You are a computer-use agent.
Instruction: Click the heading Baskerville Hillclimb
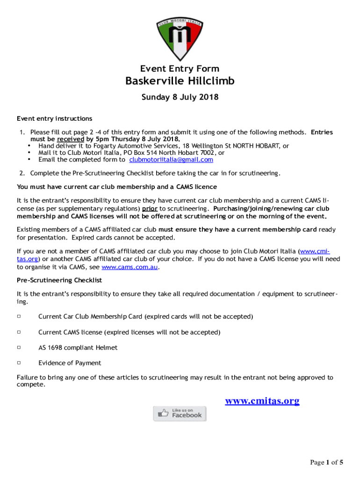[180, 81]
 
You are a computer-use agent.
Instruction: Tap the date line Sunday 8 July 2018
[180, 98]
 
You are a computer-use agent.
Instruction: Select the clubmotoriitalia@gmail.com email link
[171, 160]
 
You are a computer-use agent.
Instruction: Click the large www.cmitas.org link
[262, 401]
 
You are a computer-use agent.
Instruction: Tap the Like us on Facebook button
[180, 414]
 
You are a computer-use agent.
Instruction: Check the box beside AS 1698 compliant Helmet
[19, 348]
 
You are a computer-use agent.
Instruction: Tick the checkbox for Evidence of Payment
[19, 363]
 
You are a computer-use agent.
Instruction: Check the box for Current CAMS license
[19, 332]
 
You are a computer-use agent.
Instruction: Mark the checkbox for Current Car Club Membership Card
[19, 317]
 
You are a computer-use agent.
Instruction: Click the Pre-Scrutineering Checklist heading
[59, 280]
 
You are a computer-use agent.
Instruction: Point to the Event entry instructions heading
[55, 118]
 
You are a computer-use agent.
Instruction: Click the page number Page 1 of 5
[327, 463]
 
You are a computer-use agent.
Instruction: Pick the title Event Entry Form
[180, 69]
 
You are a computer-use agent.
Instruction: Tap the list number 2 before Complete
[22, 174]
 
